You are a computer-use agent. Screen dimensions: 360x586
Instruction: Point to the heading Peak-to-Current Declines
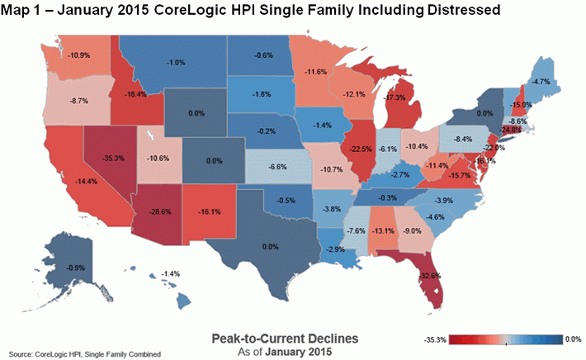coord(285,338)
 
